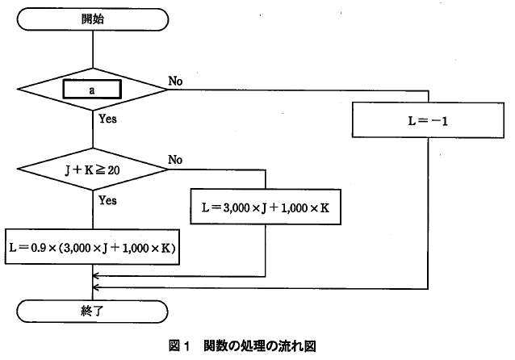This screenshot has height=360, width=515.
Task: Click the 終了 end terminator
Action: pos(93,308)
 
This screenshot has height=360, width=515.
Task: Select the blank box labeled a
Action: pos(93,90)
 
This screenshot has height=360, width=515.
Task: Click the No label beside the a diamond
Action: pos(176,81)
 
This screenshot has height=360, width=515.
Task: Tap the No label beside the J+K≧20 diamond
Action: pos(176,160)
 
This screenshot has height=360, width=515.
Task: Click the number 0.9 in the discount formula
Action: pos(39,249)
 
